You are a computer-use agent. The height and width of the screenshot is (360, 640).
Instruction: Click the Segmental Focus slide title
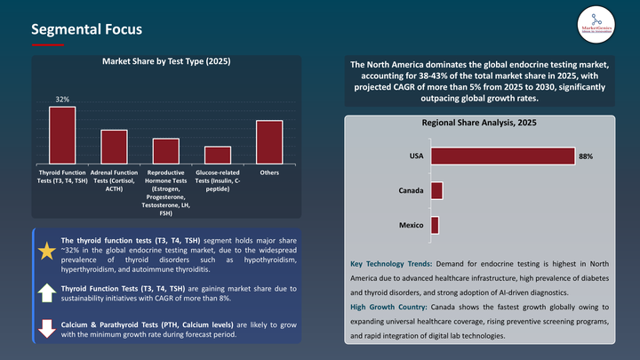click(x=86, y=29)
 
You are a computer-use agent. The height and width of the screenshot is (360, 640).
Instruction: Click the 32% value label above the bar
click(x=62, y=100)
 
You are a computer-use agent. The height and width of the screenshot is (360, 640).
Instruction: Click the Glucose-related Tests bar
click(x=218, y=154)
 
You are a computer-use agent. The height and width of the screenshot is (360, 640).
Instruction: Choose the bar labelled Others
click(x=269, y=141)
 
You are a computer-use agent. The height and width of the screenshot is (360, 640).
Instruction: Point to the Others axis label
click(x=269, y=172)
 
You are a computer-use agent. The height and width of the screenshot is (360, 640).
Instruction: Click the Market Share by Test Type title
click(x=166, y=61)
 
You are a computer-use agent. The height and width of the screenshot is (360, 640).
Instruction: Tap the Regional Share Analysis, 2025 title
click(x=478, y=123)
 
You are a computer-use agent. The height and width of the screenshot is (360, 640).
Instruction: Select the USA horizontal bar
click(x=502, y=156)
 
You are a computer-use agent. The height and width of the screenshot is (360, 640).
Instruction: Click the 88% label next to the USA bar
click(x=585, y=156)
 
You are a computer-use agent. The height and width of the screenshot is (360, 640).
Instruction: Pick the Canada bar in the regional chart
click(x=436, y=190)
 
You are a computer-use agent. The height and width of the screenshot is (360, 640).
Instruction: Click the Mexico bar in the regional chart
click(x=435, y=225)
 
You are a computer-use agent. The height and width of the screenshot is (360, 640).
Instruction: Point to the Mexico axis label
click(x=411, y=225)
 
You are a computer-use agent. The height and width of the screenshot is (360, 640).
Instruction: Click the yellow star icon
click(x=46, y=252)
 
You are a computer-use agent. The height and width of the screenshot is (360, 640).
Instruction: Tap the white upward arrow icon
click(x=46, y=292)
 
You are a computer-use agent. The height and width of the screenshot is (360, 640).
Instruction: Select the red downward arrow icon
click(x=46, y=328)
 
